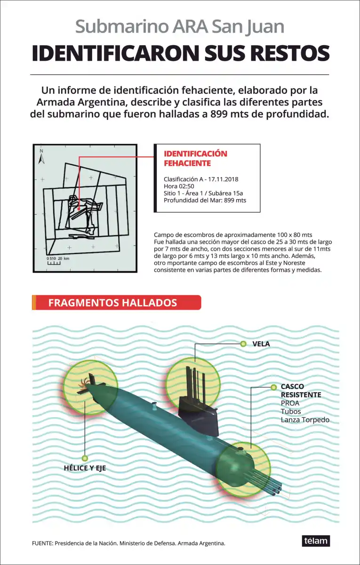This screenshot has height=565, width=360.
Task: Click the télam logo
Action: (316, 541)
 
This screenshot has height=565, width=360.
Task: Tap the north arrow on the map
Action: (41, 157)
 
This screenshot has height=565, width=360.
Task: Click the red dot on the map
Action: (79, 208)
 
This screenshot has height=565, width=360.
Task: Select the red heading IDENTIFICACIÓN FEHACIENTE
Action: (195, 158)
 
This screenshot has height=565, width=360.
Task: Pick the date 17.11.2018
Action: (223, 179)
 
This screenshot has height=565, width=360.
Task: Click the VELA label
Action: (261, 344)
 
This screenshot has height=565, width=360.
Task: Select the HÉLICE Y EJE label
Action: (85, 468)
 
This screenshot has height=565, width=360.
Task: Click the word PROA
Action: (290, 403)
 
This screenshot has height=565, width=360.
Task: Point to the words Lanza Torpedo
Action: (305, 420)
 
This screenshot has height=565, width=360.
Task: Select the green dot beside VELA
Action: (243, 344)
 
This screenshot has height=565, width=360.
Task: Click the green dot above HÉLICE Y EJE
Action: (85, 458)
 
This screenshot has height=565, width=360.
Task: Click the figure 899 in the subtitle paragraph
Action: (221, 114)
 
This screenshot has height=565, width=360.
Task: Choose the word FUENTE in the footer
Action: (42, 543)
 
